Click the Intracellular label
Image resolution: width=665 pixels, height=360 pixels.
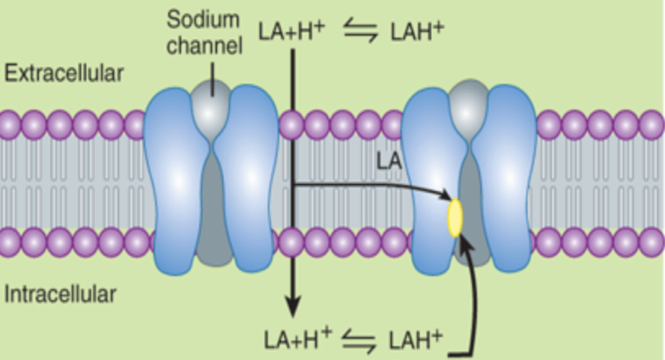60,293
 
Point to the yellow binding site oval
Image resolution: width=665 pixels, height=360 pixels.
455,218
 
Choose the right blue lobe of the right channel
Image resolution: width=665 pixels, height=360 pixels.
507,172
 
